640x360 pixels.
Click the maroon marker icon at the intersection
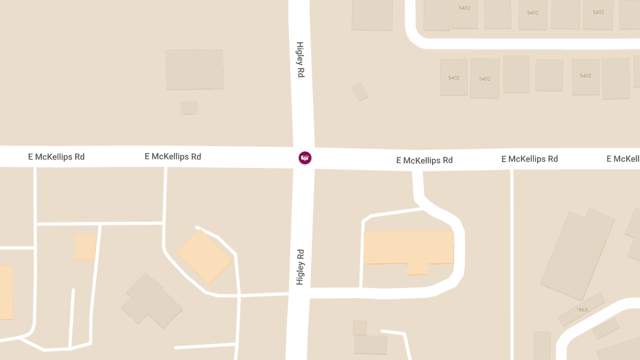pyautogui.click(x=305, y=158)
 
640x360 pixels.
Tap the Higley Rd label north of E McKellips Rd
pyautogui.click(x=300, y=60)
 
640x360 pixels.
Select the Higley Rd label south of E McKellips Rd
pyautogui.click(x=300, y=267)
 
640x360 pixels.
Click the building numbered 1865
pyautogui.click(x=581, y=309)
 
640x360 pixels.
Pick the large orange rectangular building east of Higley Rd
pyautogui.click(x=409, y=248)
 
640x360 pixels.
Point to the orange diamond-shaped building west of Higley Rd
pyautogui.click(x=204, y=257)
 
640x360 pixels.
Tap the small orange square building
pyautogui.click(x=85, y=247)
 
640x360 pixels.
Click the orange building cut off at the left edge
pyautogui.click(x=5, y=292)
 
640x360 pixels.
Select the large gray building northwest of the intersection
pyautogui.click(x=194, y=69)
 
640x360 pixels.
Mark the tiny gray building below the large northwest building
pyautogui.click(x=189, y=108)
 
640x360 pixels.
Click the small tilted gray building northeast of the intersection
pyautogui.click(x=359, y=92)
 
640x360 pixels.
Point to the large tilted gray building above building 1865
pyautogui.click(x=579, y=253)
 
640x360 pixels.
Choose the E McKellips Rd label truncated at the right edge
pyautogui.click(x=623, y=159)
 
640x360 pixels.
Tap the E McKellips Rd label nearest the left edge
pyautogui.click(x=57, y=157)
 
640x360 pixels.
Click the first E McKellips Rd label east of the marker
pyautogui.click(x=425, y=160)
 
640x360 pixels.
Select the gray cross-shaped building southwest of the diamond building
pyautogui.click(x=151, y=301)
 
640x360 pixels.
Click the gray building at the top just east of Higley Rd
pyautogui.click(x=372, y=14)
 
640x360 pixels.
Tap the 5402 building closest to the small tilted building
pyautogui.click(x=454, y=77)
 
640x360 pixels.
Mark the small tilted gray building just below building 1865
pyautogui.click(x=605, y=328)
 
